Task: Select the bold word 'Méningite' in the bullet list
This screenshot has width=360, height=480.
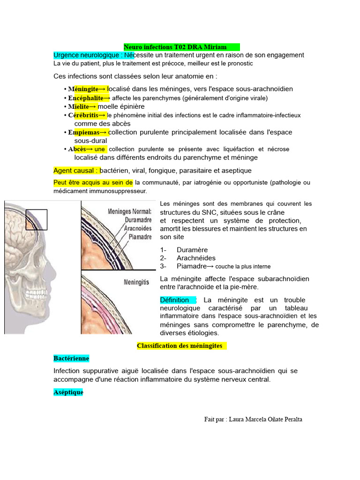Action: click(83, 89)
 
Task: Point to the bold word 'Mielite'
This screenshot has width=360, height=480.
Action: click(78, 106)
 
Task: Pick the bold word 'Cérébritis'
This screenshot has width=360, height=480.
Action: click(83, 115)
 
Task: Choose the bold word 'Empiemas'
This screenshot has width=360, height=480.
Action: click(83, 132)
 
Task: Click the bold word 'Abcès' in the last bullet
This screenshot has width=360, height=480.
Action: click(77, 149)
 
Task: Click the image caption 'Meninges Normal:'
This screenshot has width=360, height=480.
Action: click(130, 211)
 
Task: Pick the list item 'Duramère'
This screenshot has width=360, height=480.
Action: click(192, 250)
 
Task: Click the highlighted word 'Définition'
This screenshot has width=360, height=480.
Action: click(174, 300)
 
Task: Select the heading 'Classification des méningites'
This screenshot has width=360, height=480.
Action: click(179, 346)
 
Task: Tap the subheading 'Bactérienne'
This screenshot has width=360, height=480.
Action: click(71, 358)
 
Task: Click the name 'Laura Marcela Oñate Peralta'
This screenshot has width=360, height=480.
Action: click(265, 419)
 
